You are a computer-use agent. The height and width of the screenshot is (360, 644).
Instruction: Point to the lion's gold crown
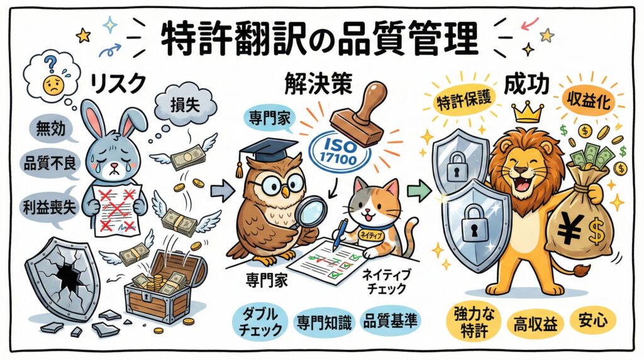(528, 112)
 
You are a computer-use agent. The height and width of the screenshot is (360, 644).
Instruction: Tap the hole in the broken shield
(68, 278)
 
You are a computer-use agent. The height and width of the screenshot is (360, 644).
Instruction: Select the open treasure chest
(164, 288)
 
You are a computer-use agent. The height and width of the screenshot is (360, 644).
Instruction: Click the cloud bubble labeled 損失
(186, 105)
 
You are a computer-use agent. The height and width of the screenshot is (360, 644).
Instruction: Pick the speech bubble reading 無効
(51, 128)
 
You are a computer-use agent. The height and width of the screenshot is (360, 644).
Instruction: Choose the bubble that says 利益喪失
(49, 208)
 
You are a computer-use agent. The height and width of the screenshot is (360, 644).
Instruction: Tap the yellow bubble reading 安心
(593, 320)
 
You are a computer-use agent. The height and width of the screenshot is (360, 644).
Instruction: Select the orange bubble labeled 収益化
(589, 100)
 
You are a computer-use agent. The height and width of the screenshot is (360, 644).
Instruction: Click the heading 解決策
(318, 86)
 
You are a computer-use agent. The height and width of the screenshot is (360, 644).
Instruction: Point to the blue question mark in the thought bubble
(50, 64)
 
